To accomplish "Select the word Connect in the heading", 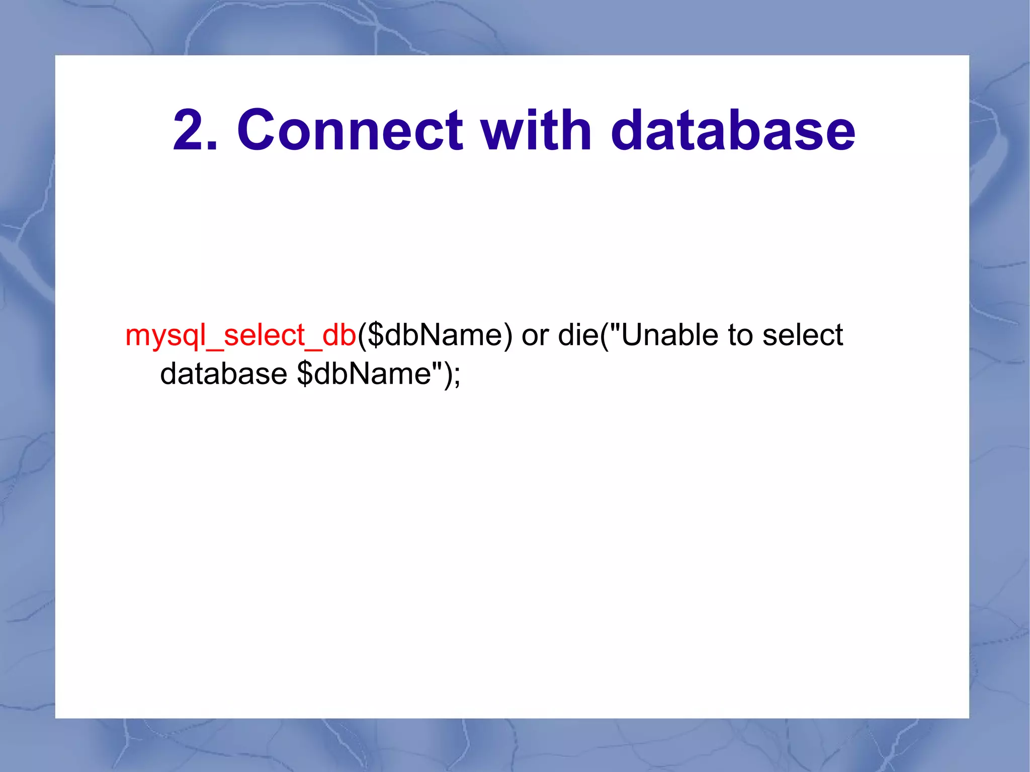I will [350, 131].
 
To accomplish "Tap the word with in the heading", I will [536, 131].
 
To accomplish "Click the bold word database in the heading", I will [732, 131].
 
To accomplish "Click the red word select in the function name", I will [264, 335].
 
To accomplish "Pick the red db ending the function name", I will [339, 335].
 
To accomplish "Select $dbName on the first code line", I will [435, 335].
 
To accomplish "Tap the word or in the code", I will [535, 336].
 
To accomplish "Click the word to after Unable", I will [740, 336].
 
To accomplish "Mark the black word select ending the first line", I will [803, 335].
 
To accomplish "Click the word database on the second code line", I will [223, 374].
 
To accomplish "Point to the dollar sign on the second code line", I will [305, 374].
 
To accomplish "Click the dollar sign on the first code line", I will [375, 335].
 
